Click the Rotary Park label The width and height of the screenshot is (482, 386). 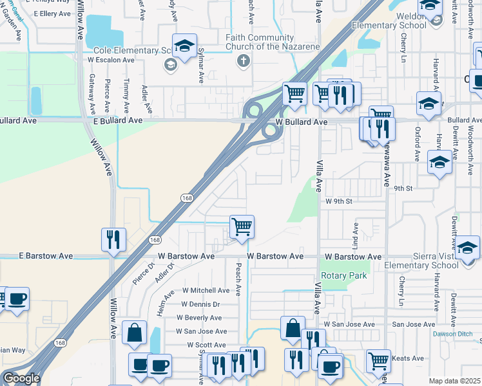[x=344, y=276]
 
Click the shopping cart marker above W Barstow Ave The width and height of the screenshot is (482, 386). [x=242, y=226]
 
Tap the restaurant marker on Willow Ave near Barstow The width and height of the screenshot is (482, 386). [x=113, y=239]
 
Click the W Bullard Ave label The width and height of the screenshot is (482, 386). [x=302, y=122]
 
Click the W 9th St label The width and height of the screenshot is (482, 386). [x=339, y=201]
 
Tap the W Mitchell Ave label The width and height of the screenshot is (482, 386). [x=206, y=290]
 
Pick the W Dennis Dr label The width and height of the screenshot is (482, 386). [x=200, y=304]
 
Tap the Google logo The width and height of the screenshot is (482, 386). [x=21, y=378]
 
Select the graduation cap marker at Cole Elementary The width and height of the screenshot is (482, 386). [x=184, y=46]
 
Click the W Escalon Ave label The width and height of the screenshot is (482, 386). [x=111, y=59]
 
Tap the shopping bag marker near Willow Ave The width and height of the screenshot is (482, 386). [x=135, y=333]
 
